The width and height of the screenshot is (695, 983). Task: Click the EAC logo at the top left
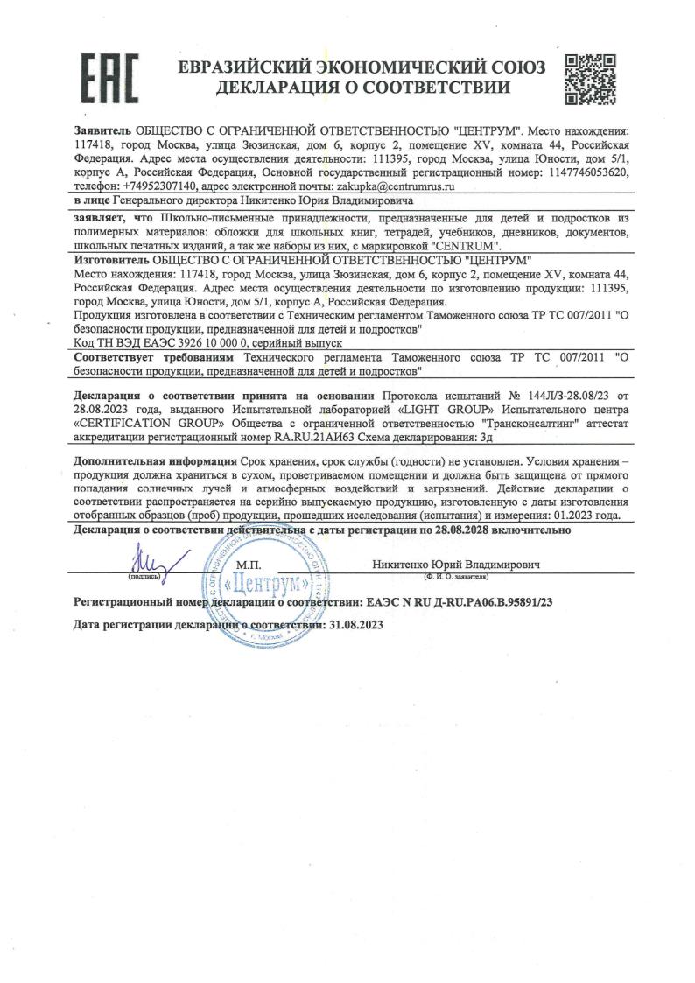click(x=109, y=76)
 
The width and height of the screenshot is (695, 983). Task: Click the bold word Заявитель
click(x=103, y=130)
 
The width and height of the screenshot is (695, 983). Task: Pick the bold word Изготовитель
click(x=112, y=261)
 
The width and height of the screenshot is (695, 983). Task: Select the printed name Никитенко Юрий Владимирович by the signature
click(x=455, y=565)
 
